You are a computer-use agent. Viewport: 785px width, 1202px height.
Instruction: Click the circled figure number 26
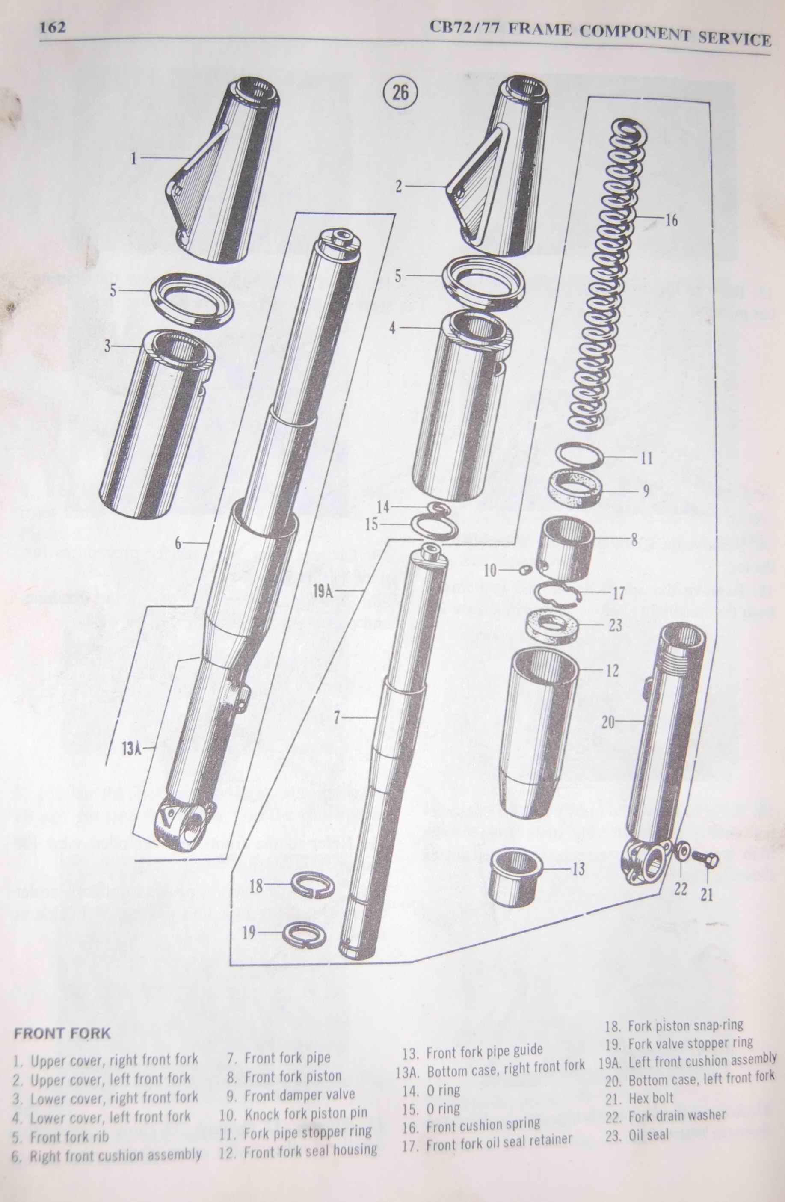400,93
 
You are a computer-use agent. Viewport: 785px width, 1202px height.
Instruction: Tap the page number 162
53,27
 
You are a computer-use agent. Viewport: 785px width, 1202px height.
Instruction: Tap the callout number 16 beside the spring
671,221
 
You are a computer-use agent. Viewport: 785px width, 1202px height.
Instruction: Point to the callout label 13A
131,749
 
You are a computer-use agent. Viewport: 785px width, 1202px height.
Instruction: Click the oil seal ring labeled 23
550,627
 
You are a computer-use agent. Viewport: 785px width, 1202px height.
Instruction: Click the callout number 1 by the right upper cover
134,159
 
